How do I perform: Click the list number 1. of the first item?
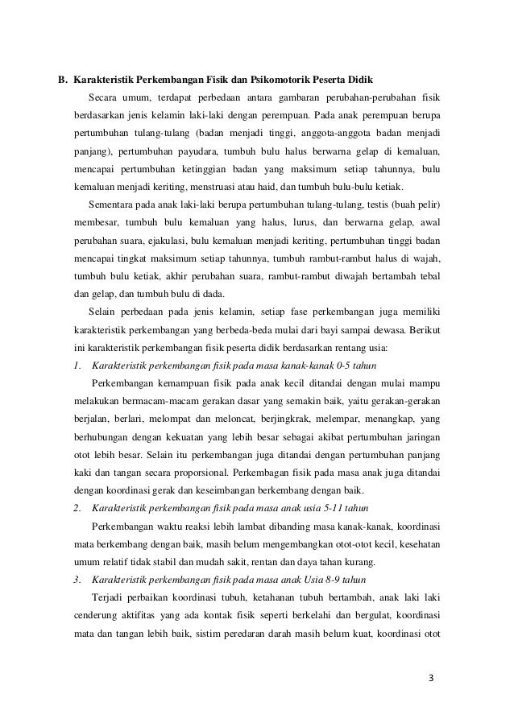76,366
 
